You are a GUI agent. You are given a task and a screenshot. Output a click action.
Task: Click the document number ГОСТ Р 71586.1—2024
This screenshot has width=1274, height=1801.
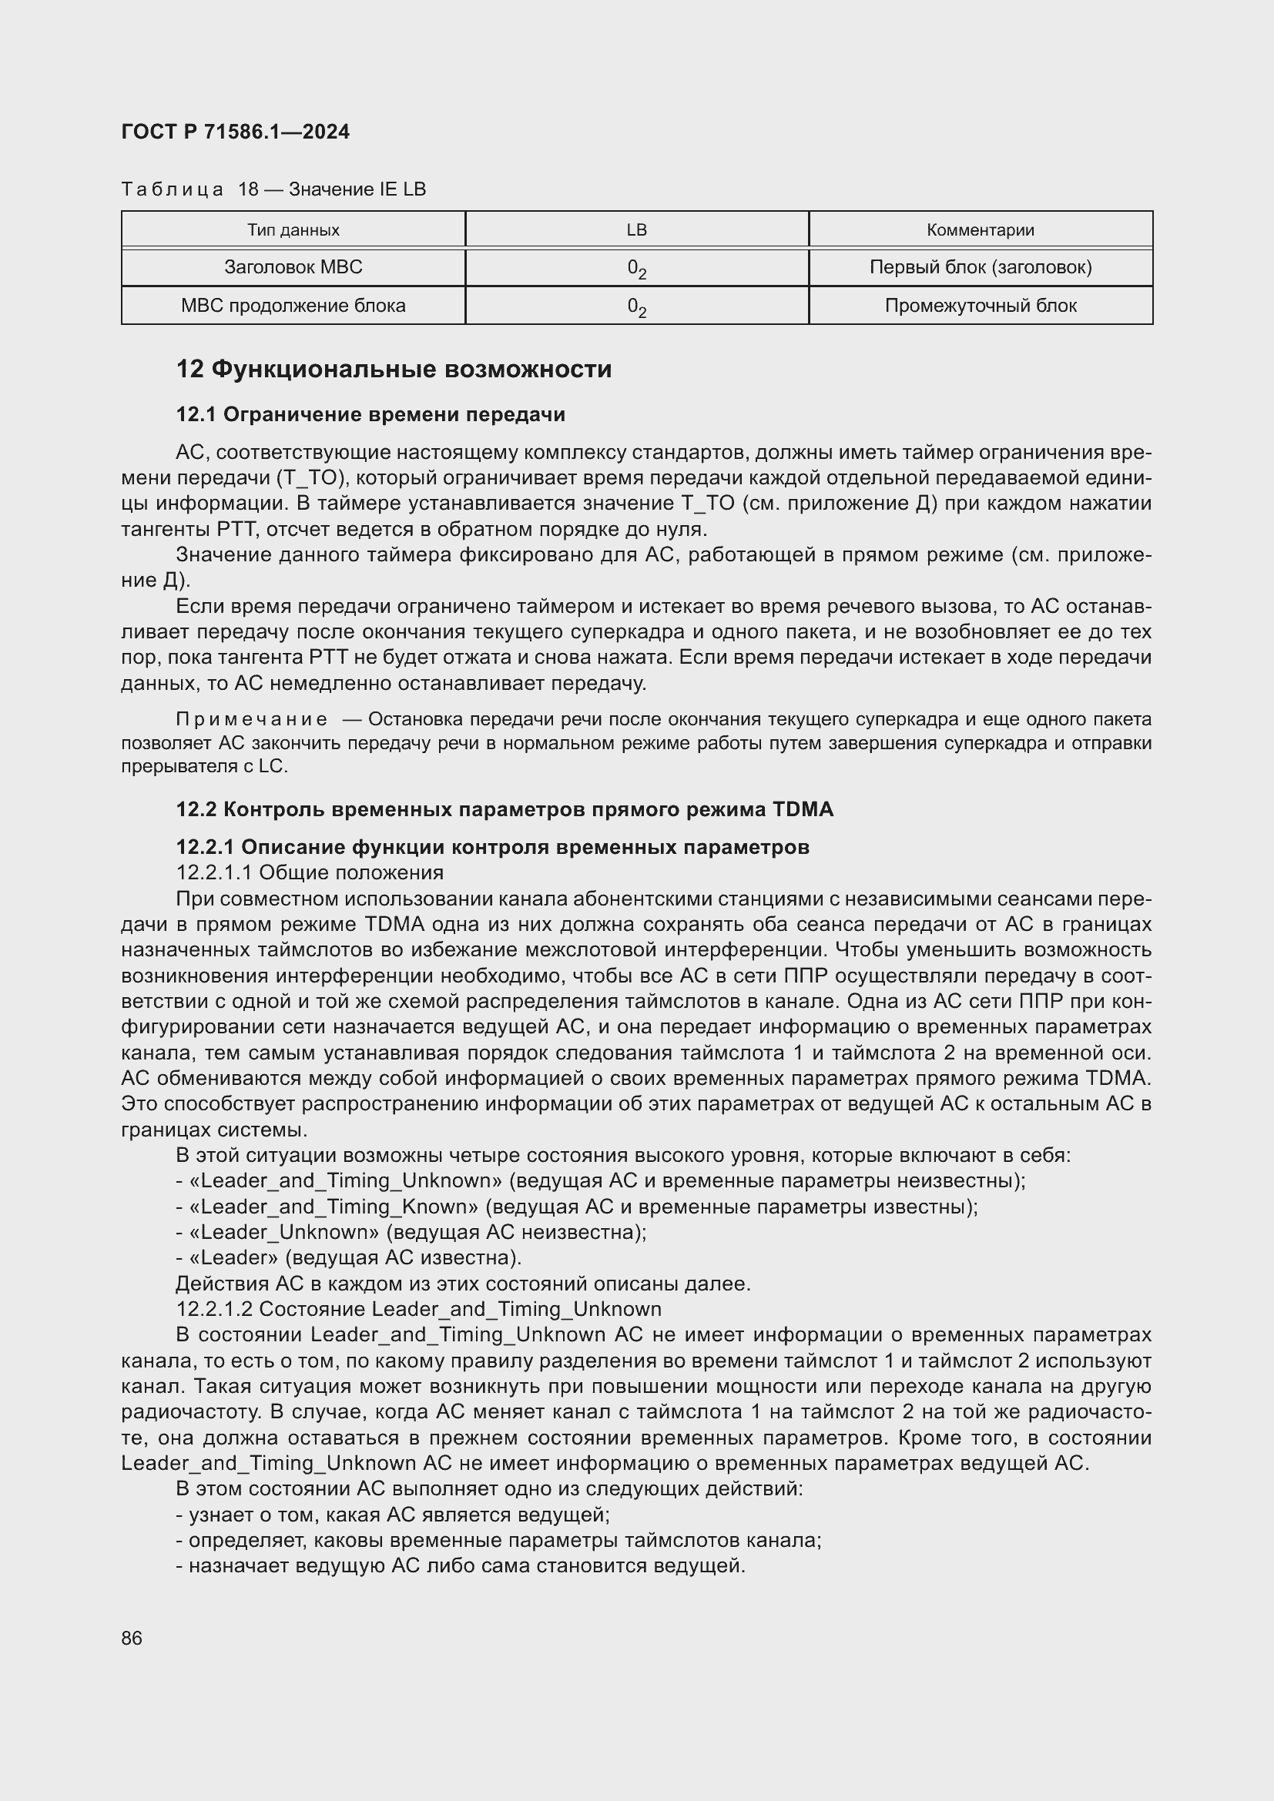pyautogui.click(x=236, y=132)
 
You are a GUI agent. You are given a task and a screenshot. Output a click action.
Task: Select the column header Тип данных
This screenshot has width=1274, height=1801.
pyautogui.click(x=293, y=229)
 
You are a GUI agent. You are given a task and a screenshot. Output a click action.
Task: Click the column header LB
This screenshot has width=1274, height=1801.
pyautogui.click(x=636, y=229)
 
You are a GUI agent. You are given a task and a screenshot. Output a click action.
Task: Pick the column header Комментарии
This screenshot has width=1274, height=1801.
pyautogui.click(x=980, y=229)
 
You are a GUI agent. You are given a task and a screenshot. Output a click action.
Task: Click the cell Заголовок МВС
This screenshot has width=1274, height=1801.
pyautogui.click(x=293, y=267)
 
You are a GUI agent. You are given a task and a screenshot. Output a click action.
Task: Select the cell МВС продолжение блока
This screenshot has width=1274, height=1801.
pyautogui.click(x=293, y=306)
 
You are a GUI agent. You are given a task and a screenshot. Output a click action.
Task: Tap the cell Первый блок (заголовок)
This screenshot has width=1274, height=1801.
pyautogui.click(x=980, y=267)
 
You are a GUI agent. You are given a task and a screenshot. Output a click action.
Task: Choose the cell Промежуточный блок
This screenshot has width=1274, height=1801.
pyautogui.click(x=980, y=306)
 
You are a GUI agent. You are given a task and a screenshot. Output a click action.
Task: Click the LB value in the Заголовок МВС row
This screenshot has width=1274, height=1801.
pyautogui.click(x=636, y=269)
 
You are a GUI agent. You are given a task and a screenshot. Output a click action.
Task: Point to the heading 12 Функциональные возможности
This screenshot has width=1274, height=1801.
pyautogui.click(x=394, y=370)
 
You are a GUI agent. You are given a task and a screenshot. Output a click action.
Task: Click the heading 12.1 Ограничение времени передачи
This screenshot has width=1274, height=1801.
pyautogui.click(x=370, y=414)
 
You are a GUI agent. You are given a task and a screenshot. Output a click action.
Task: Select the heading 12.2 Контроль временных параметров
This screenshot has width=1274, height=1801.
pyautogui.click(x=505, y=808)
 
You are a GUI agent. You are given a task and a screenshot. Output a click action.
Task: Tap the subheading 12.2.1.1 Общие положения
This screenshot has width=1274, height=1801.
pyautogui.click(x=310, y=872)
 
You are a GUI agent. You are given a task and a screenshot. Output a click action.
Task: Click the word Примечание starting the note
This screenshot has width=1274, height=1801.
pyautogui.click(x=251, y=719)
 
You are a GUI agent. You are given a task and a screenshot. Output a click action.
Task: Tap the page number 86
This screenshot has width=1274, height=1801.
pyautogui.click(x=132, y=1639)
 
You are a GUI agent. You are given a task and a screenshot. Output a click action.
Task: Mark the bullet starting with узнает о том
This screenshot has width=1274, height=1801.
pyautogui.click(x=392, y=1515)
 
